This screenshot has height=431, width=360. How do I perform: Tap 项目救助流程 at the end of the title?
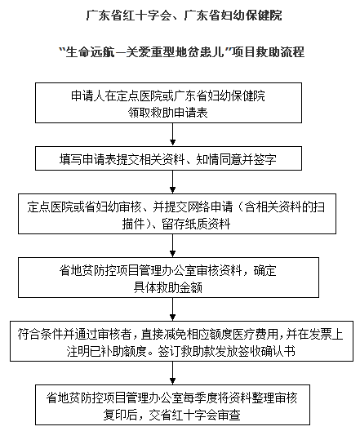click(x=268, y=52)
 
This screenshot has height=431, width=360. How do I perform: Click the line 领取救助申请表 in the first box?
click(x=168, y=113)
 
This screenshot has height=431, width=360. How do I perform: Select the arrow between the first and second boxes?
click(x=172, y=134)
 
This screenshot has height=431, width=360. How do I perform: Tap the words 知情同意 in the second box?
click(x=219, y=159)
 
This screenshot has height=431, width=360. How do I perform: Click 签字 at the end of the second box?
click(x=265, y=159)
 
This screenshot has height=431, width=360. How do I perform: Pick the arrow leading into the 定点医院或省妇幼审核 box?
click(x=172, y=182)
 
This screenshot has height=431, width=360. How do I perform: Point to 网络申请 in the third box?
click(x=210, y=207)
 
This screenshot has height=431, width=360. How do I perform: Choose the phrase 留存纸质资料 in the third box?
click(x=196, y=224)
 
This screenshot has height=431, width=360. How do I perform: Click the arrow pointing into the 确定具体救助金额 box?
click(x=172, y=246)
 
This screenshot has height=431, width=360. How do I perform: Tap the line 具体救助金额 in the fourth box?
click(x=168, y=287)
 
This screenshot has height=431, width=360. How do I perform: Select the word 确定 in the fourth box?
click(x=265, y=271)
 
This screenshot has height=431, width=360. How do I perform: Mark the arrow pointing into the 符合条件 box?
click(x=172, y=309)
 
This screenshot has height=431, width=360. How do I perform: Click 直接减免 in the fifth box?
click(x=164, y=334)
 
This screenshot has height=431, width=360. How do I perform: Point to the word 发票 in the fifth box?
click(x=321, y=334)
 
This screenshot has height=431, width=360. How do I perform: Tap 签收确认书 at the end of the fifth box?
click(x=267, y=351)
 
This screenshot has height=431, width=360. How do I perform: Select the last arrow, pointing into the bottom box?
click(x=172, y=373)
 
